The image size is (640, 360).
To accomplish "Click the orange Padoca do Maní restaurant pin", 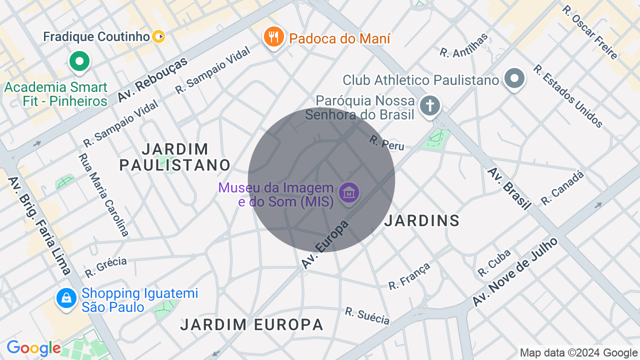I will click(x=273, y=37).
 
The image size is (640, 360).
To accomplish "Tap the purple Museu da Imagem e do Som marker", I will click(x=349, y=192).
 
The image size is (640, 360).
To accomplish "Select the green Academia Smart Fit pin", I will click(x=79, y=61).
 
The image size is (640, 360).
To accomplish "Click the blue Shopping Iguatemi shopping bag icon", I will click(x=66, y=298).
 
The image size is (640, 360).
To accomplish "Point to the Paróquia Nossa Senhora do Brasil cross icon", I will click(x=429, y=106).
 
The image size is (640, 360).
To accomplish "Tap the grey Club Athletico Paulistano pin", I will click(x=514, y=79).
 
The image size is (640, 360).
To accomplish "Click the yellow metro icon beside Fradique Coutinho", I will click(x=158, y=36).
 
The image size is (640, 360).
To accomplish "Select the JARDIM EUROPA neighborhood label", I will click(x=252, y=324).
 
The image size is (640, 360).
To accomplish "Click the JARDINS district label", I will click(x=422, y=220).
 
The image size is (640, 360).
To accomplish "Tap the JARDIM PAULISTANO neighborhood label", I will click(x=175, y=157).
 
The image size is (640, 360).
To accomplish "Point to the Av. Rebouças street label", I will click(x=152, y=79).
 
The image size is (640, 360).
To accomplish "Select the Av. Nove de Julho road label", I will click(x=515, y=272).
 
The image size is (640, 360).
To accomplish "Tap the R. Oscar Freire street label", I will click(x=589, y=32).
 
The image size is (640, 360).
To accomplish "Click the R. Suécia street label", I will click(x=367, y=315).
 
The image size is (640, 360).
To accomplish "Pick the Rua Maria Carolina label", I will click(x=103, y=194).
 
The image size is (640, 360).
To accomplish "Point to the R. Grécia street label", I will click(x=105, y=267).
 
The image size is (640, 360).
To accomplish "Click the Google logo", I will click(x=33, y=348).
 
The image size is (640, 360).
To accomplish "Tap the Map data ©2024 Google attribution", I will click(x=578, y=353).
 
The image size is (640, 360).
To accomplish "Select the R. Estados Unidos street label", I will click(x=567, y=96).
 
